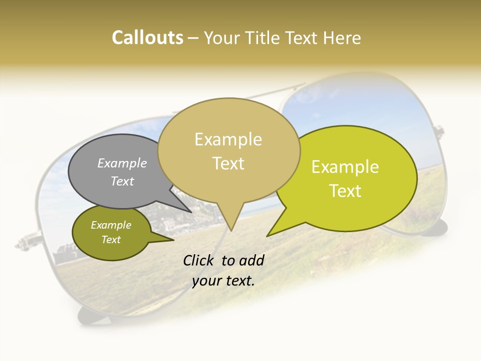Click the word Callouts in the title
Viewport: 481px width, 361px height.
(x=147, y=38)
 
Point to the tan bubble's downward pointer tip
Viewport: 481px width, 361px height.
(x=231, y=230)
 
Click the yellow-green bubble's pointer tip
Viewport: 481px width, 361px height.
(x=268, y=236)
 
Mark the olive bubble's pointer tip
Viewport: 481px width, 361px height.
(x=173, y=240)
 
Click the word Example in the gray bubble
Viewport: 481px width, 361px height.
(x=122, y=163)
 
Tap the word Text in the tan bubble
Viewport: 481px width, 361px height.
(x=228, y=163)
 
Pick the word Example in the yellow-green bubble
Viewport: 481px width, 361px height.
(x=345, y=167)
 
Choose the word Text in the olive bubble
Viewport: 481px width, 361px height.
(x=111, y=240)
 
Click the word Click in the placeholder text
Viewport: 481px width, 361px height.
(x=199, y=260)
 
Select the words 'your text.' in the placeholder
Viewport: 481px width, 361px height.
(x=223, y=281)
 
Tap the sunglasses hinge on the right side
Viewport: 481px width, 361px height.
(x=439, y=133)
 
